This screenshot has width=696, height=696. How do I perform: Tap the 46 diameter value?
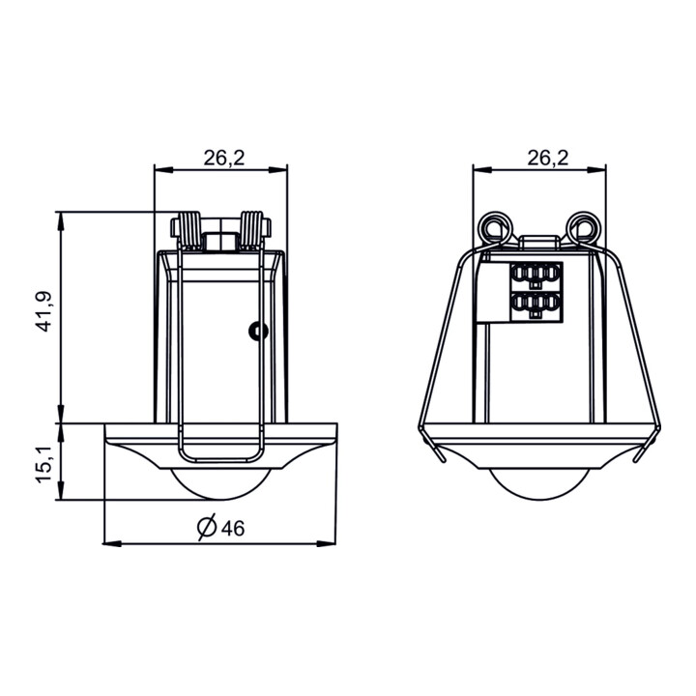(x=233, y=528)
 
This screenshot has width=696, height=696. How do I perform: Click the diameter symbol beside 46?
(x=207, y=528)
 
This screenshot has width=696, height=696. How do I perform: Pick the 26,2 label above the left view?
(x=224, y=158)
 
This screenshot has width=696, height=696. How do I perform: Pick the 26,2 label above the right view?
(x=548, y=158)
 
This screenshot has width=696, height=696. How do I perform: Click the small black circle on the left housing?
(x=258, y=331)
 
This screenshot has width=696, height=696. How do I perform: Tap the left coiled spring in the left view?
(x=189, y=230)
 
